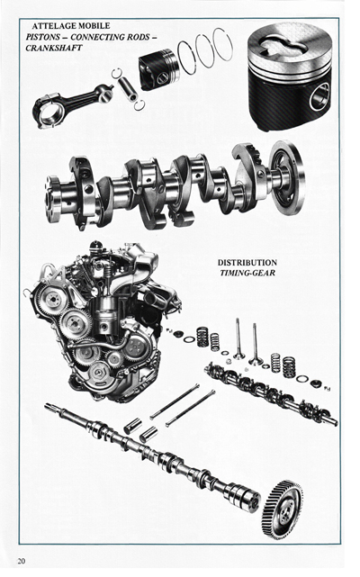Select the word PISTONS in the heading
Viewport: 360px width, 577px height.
pos(47,37)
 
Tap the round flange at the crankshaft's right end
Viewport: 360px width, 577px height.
pos(287,179)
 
